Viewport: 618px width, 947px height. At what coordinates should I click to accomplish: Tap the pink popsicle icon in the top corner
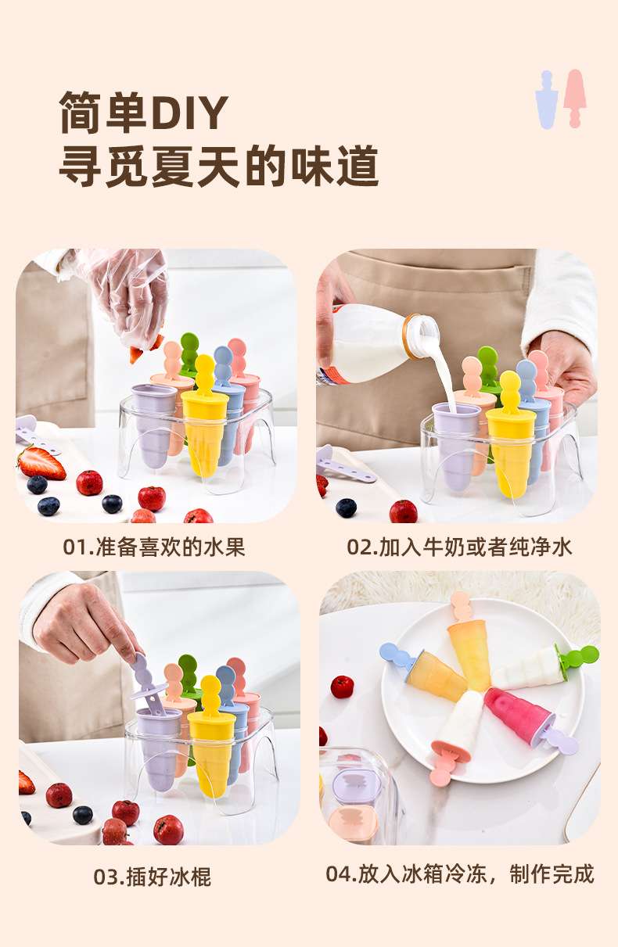[x=575, y=99]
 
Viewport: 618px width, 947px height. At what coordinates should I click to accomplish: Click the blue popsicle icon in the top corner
[x=547, y=99]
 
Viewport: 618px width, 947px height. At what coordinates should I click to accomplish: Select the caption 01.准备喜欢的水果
[x=154, y=547]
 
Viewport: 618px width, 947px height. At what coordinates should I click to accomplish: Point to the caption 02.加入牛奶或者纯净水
[x=459, y=547]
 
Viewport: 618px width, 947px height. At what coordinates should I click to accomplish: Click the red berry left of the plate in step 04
[x=342, y=687]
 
